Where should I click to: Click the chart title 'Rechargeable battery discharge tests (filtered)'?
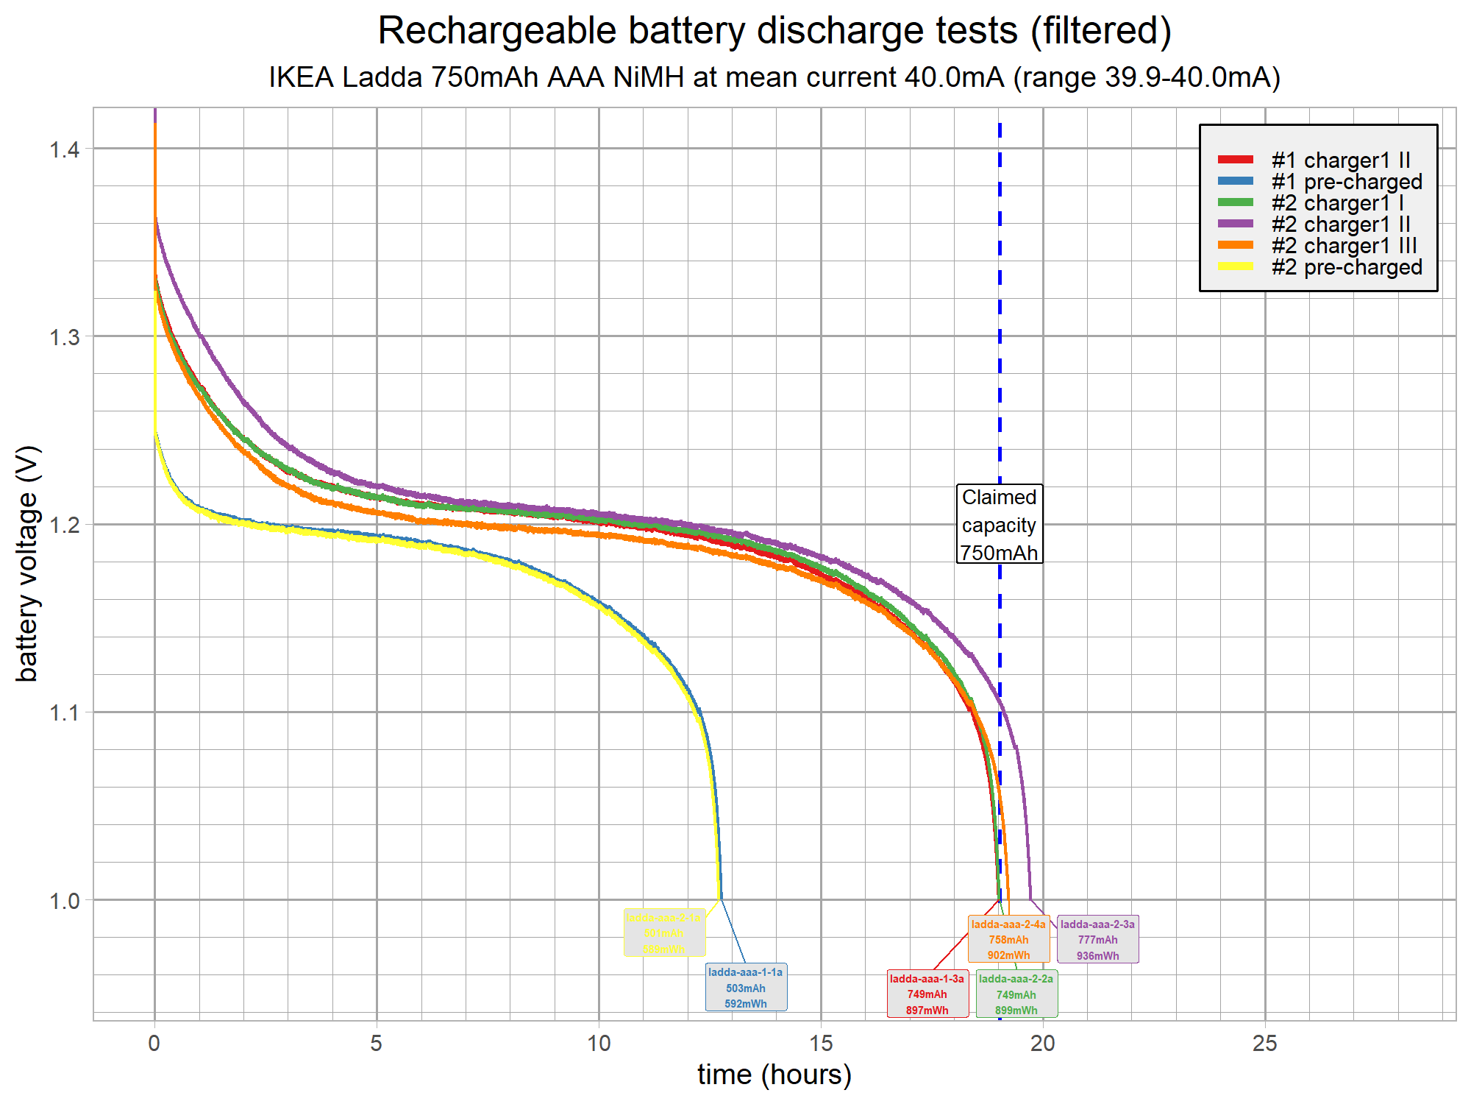[x=774, y=31]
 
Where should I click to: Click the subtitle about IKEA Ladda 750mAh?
[x=774, y=77]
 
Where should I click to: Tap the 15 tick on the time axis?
[x=821, y=1043]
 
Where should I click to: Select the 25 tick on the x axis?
[x=1265, y=1043]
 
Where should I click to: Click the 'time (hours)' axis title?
[x=774, y=1075]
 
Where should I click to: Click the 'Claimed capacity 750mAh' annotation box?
[x=999, y=524]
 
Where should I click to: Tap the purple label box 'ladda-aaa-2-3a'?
[x=1097, y=940]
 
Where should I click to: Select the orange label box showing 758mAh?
[x=1008, y=940]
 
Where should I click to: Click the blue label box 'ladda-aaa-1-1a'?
[x=746, y=988]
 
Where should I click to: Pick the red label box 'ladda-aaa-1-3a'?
[x=927, y=994]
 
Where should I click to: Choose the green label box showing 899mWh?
[x=1016, y=994]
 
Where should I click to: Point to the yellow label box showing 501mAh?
[x=664, y=933]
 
